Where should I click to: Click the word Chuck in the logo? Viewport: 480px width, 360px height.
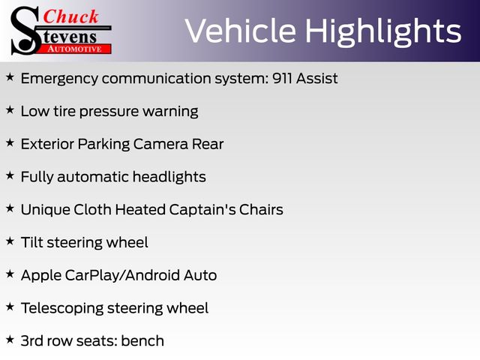(70, 16)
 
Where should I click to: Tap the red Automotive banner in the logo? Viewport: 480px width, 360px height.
(75, 49)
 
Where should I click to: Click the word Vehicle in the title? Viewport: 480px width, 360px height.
(241, 31)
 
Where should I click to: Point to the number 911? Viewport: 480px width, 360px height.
(282, 78)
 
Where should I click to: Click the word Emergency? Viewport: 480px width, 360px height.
(60, 79)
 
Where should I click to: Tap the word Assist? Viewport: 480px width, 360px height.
(316, 78)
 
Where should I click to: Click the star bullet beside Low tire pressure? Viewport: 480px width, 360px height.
(10, 110)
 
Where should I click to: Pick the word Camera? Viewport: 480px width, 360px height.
(160, 144)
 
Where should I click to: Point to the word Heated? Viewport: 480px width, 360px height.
(140, 210)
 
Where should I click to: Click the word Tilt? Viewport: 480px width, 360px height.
(32, 242)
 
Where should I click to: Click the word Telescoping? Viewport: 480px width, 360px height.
(62, 308)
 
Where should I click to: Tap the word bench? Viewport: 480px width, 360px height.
(142, 340)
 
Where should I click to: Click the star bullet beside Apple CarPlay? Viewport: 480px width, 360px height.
(10, 274)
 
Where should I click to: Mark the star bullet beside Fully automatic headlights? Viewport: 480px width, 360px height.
(10, 175)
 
